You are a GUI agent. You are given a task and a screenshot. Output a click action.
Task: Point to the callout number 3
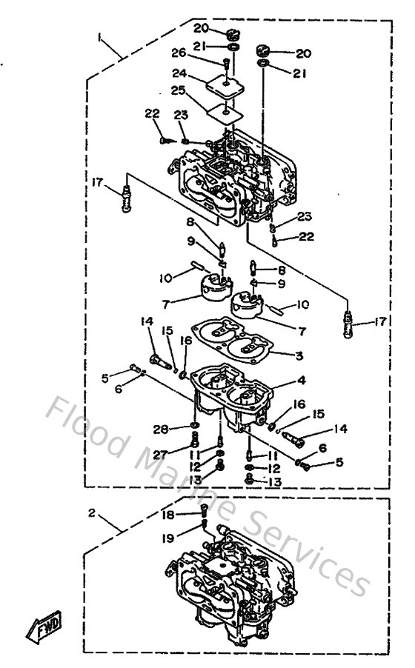point(299,356)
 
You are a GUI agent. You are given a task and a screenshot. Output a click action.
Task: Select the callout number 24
point(178,73)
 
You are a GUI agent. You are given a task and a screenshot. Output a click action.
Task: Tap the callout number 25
point(178,90)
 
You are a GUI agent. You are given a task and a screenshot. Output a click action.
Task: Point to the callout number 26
point(178,53)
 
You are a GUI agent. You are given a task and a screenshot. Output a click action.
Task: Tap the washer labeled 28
point(193,427)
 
